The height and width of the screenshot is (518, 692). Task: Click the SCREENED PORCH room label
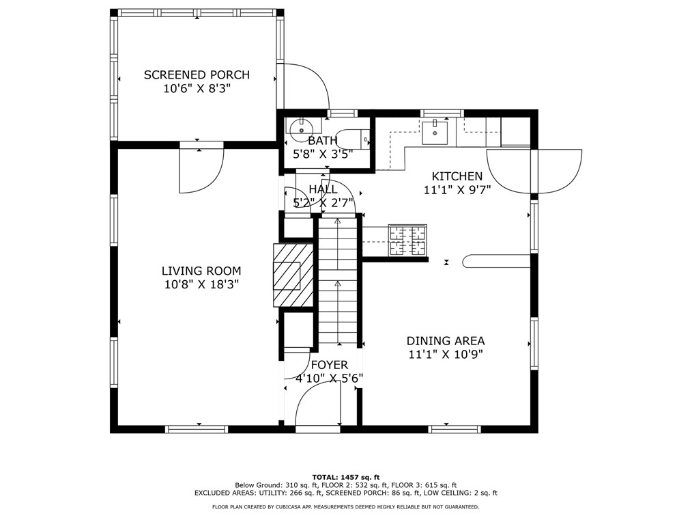(197, 74)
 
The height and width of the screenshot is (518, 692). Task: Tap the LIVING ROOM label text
(201, 271)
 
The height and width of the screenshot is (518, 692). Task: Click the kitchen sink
(435, 133)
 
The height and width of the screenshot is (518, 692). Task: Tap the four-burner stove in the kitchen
(407, 241)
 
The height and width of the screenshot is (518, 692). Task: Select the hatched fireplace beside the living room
(293, 275)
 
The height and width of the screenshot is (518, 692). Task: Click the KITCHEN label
(457, 176)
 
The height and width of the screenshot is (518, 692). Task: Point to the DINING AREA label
(446, 341)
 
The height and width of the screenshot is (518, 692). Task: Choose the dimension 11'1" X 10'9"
(446, 355)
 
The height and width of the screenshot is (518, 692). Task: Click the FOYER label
(329, 365)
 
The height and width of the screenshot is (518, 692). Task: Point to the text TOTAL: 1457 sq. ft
(345, 477)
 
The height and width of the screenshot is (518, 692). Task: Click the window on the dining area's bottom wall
(455, 428)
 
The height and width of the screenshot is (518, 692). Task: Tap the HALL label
(323, 189)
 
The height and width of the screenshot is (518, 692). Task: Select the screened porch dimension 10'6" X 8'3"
(197, 88)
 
